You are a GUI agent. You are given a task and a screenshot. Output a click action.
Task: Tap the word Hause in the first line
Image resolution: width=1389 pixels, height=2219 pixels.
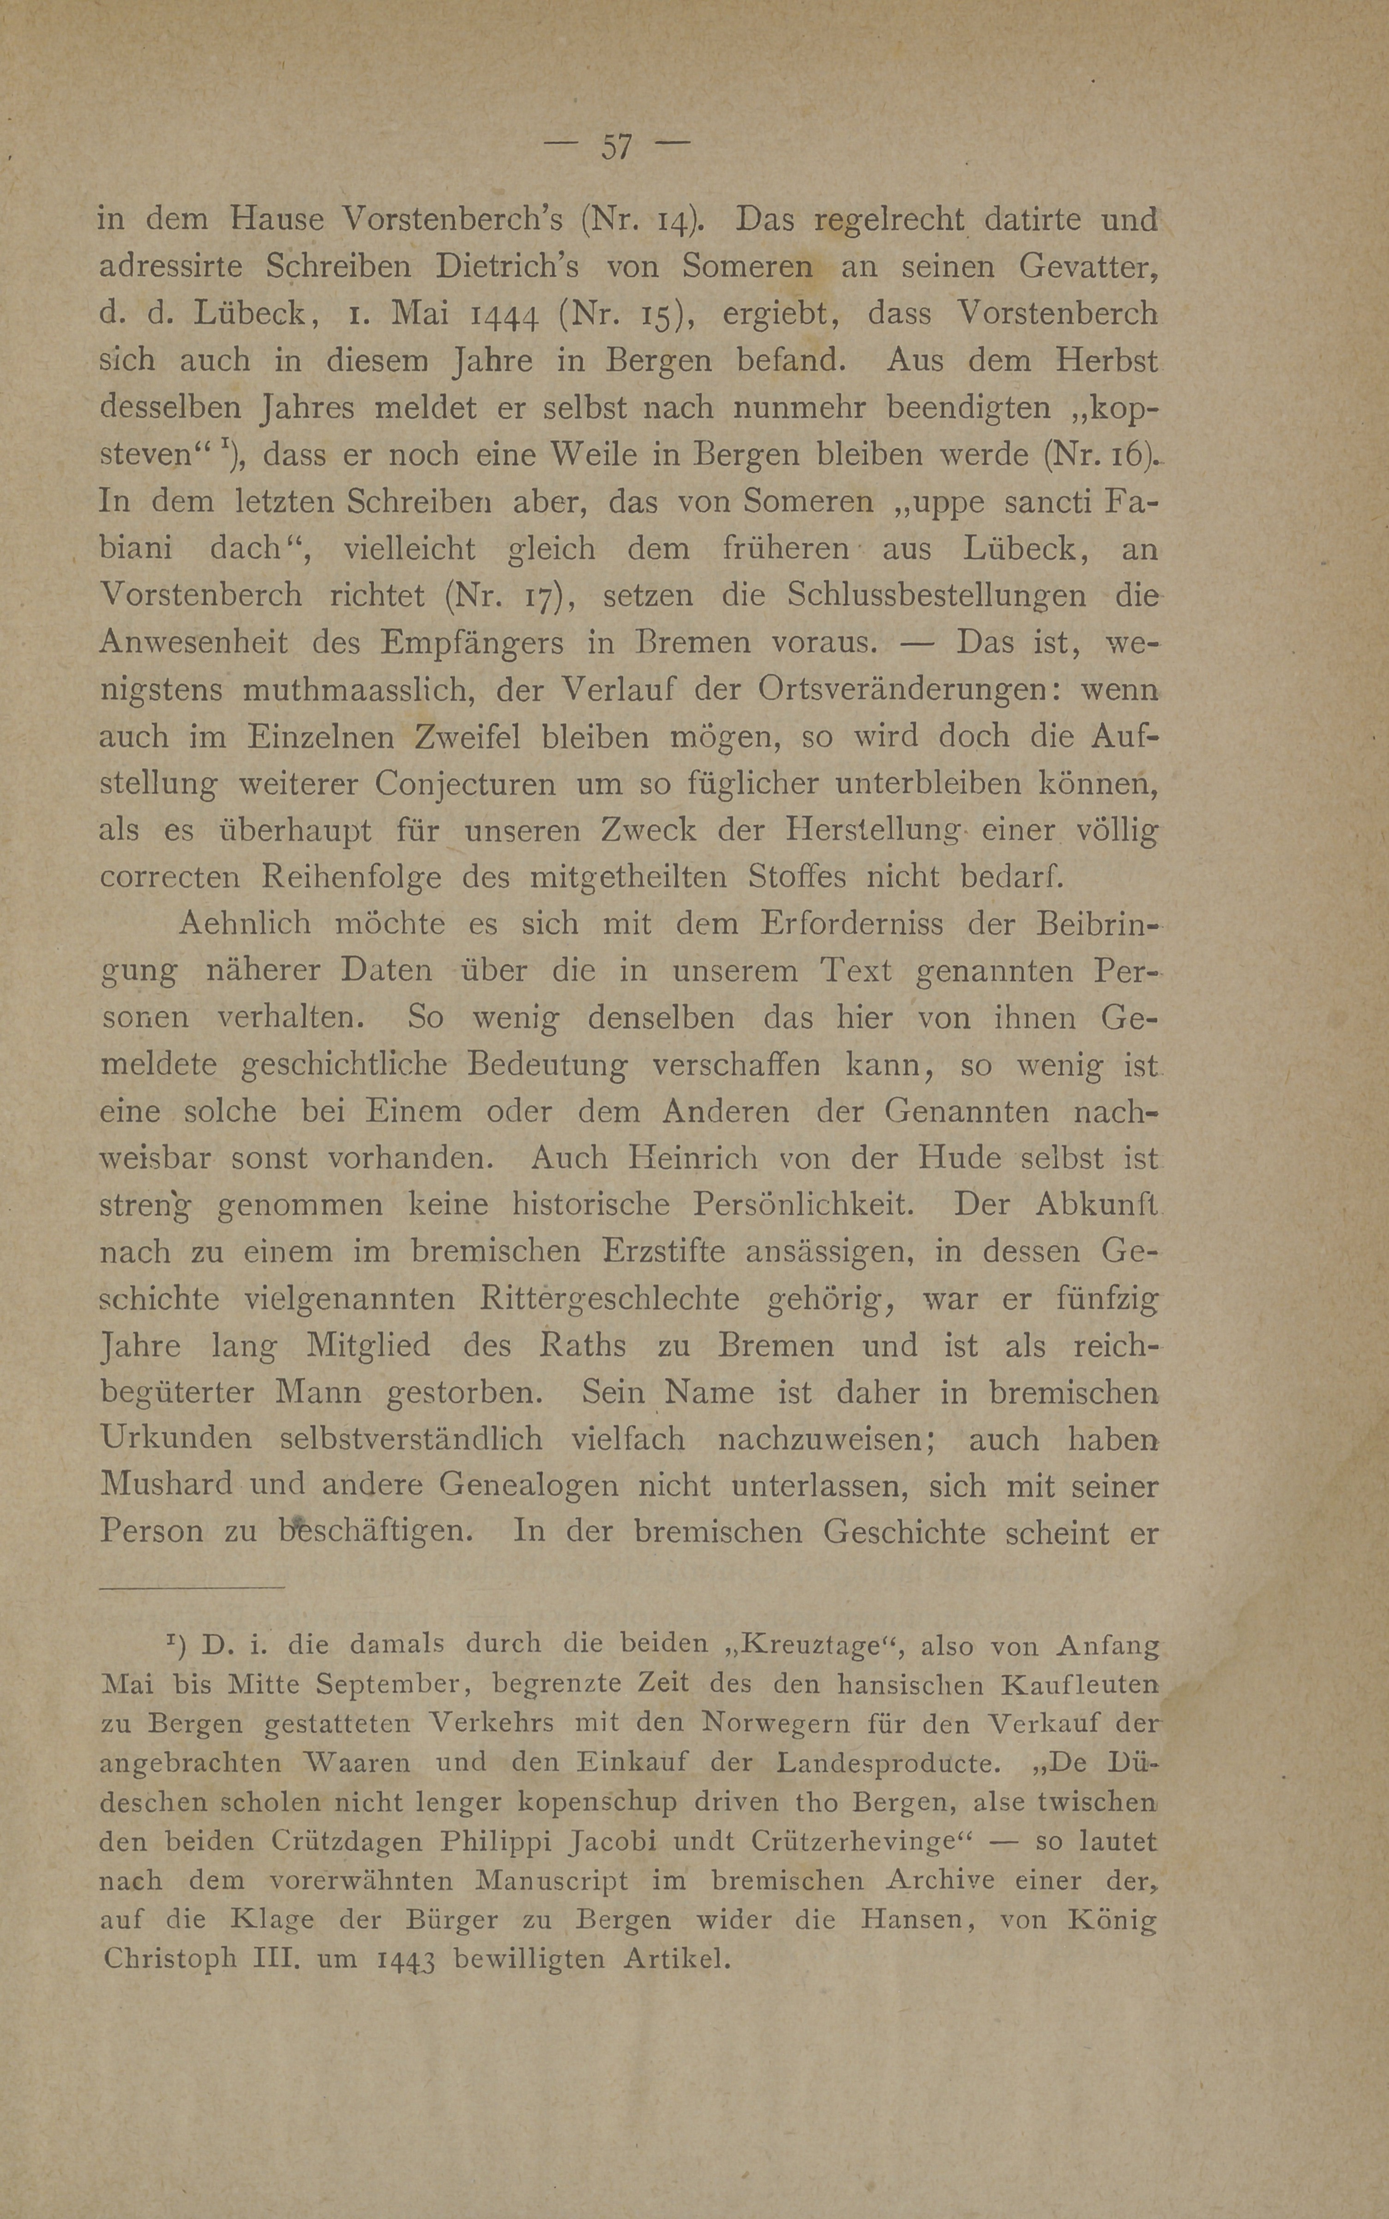276,220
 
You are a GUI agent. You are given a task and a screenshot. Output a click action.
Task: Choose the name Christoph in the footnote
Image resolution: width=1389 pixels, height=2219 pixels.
170,1958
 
